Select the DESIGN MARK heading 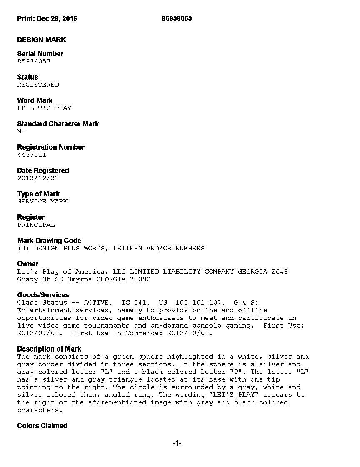coord(41,40)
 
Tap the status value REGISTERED coord(38,85)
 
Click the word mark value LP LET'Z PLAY coord(44,108)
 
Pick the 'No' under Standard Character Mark coord(21,131)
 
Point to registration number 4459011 coord(32,155)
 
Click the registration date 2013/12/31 coord(38,178)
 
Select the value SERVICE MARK coord(42,201)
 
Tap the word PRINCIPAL coord(36,225)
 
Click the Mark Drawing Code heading coord(49,241)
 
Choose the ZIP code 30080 coord(140,279)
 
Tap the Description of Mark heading coord(49,349)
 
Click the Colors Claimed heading coord(42,426)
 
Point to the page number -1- coord(177,444)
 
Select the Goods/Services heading coord(43,295)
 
